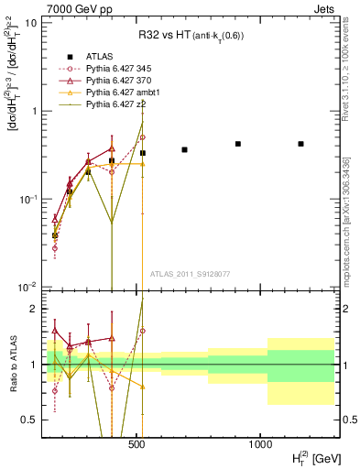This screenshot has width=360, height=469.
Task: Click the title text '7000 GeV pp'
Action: click(62, 8)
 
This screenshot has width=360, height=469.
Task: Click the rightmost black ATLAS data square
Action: click(300, 144)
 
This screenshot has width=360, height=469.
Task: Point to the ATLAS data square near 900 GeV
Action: click(238, 144)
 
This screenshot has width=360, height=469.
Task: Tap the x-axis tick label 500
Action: click(136, 444)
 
